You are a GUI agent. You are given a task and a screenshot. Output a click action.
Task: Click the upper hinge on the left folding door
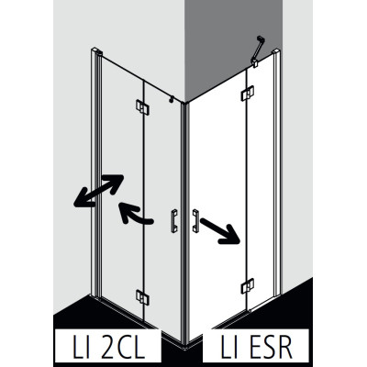(x=142, y=107)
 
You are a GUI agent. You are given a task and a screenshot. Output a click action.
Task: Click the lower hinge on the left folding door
(x=142, y=297)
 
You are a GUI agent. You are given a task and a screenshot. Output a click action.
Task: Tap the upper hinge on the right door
(x=247, y=93)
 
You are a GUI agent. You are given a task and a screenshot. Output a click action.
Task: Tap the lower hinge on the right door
(x=247, y=286)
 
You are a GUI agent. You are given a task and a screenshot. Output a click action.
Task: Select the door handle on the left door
(x=174, y=221)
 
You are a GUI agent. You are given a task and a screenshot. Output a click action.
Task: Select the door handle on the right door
(x=195, y=220)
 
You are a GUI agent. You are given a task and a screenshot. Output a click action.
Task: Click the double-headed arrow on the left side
(x=98, y=190)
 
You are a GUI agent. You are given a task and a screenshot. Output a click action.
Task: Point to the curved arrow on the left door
(x=135, y=213)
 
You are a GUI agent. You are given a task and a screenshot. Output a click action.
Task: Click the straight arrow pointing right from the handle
(x=219, y=230)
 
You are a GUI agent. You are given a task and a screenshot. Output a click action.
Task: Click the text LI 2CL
(x=108, y=348)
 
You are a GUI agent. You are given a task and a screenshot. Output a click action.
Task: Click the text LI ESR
(x=256, y=348)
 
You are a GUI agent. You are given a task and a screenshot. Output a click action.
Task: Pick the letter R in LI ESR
(x=284, y=348)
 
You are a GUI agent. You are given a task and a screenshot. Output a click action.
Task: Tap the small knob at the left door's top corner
(x=172, y=99)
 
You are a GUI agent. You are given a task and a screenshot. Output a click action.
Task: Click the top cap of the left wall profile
(x=95, y=50)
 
